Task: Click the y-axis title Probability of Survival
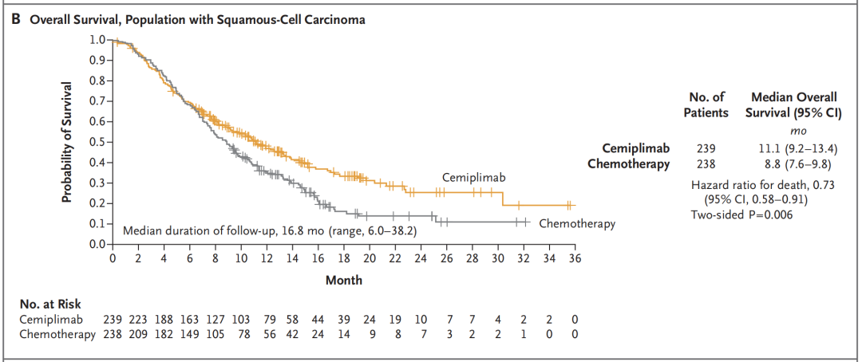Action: tap(68, 141)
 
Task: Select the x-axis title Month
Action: tap(343, 280)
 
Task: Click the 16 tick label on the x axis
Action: tap(318, 258)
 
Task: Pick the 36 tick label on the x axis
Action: tap(575, 258)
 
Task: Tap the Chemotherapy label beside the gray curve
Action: tap(577, 223)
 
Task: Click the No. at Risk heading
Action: tap(49, 303)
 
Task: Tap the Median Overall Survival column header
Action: tap(793, 104)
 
